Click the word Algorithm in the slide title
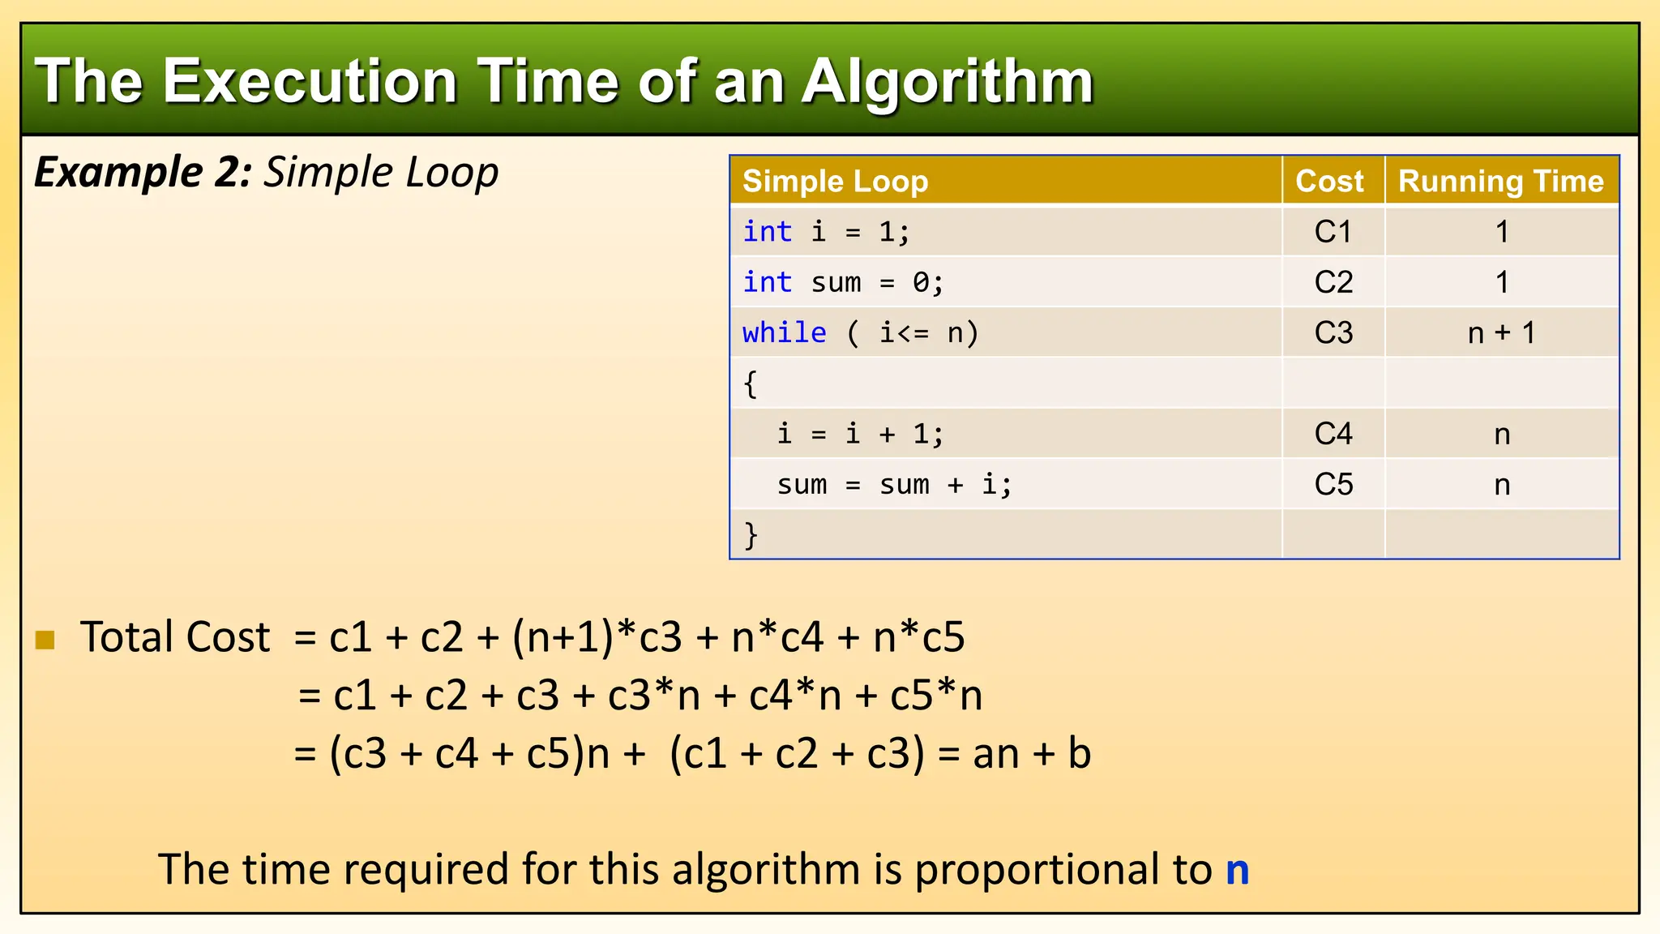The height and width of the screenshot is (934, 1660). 948,83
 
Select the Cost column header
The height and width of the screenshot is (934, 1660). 1329,181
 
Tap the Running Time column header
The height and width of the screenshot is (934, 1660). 1500,181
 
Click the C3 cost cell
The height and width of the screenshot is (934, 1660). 1333,333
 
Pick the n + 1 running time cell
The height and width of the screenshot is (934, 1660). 1501,333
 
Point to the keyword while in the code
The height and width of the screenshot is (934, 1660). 784,333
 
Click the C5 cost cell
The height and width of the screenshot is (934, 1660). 1333,485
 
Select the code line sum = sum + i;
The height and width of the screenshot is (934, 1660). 894,485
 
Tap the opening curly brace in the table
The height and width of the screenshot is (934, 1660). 751,383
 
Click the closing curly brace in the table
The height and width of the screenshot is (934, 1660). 751,535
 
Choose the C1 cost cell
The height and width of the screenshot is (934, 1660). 1333,233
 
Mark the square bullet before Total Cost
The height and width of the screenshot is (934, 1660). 45,640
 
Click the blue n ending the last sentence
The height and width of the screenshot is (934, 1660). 1237,870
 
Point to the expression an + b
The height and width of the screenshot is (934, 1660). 1032,754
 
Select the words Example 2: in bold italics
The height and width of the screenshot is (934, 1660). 143,173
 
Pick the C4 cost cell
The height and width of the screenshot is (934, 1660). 1333,435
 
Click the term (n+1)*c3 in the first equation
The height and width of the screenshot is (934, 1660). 597,637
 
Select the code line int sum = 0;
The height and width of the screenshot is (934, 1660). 843,283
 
